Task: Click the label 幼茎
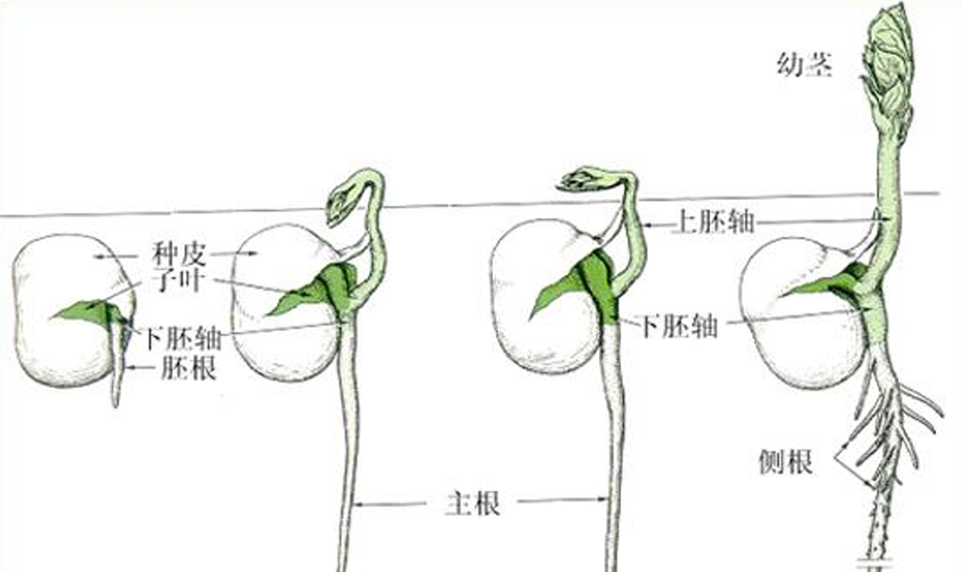(x=804, y=66)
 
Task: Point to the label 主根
(x=472, y=504)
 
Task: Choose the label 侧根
(x=787, y=463)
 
